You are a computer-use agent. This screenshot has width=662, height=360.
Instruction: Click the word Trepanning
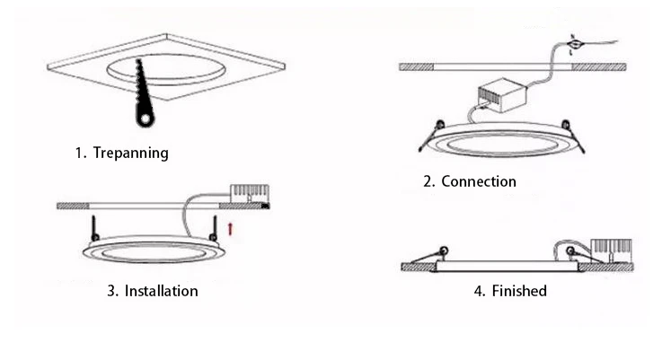tap(130, 153)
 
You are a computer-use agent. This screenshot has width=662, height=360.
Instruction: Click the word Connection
tap(479, 181)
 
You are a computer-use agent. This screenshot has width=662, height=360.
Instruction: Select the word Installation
tap(161, 291)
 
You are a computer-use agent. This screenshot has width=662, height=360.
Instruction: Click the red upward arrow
tap(231, 229)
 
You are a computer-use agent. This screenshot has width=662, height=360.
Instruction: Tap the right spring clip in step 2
tap(565, 127)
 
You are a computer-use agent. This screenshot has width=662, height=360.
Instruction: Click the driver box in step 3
tap(250, 193)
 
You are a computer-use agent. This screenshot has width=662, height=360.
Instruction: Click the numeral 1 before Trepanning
tap(78, 153)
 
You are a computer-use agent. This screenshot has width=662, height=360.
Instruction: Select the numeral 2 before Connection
tap(428, 181)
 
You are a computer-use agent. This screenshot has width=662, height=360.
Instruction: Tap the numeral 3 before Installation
tap(111, 291)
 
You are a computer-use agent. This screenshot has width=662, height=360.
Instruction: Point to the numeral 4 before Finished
tap(478, 291)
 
